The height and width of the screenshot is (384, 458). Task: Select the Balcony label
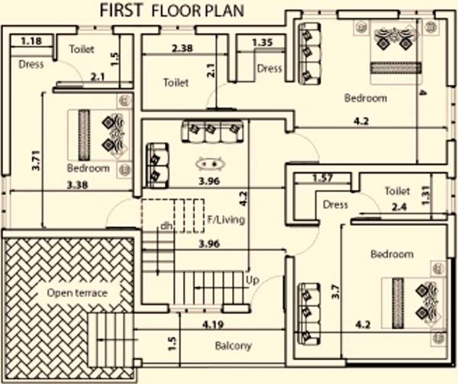pos(234,346)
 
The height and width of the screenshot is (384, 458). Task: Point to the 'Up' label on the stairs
pos(252,280)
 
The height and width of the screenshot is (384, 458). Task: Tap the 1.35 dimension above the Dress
pos(262,42)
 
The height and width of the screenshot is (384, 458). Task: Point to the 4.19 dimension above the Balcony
pos(213,325)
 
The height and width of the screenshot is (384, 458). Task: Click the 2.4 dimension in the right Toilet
pos(397,205)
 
